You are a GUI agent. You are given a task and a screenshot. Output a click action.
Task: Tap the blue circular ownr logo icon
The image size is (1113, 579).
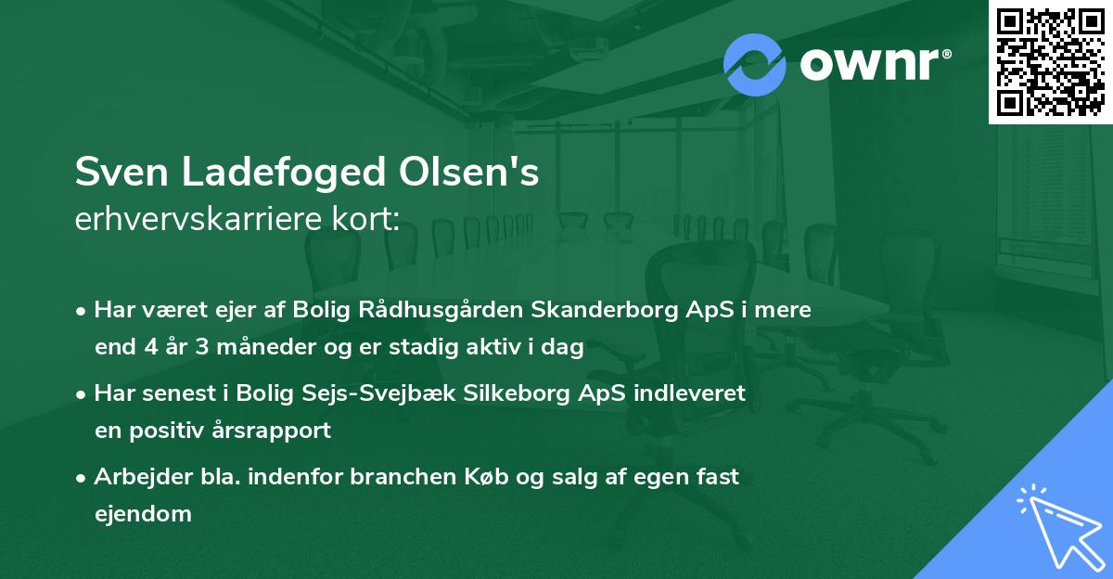click(755, 63)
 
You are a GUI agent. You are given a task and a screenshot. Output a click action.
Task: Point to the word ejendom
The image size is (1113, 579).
click(143, 513)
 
